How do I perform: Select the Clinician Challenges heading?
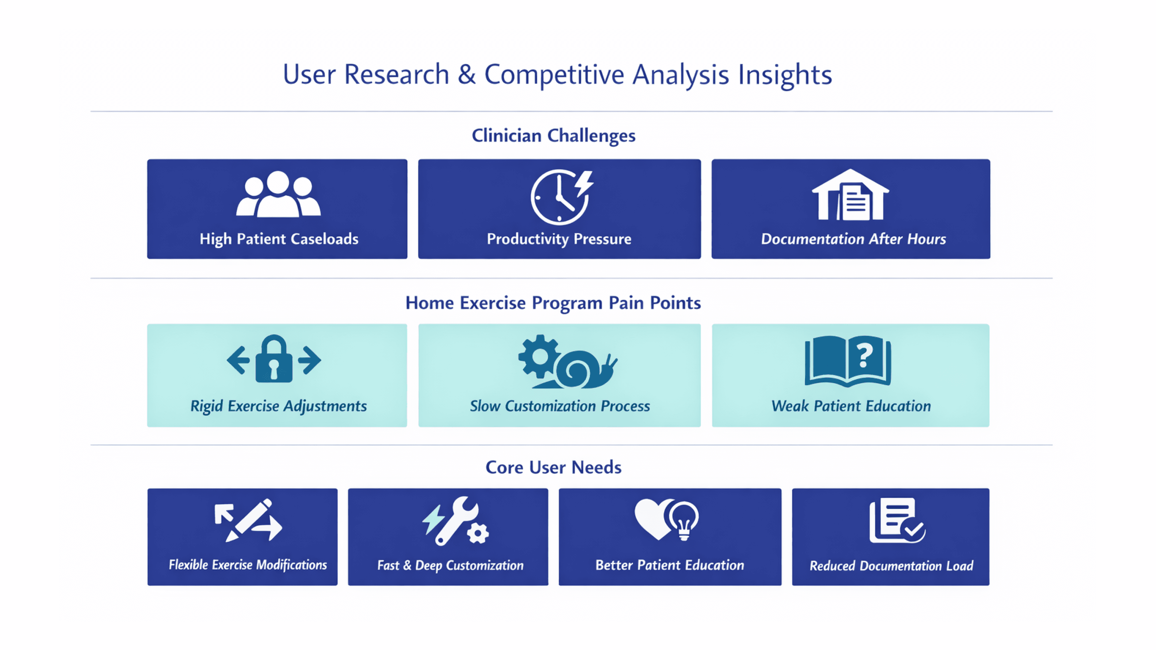tap(553, 135)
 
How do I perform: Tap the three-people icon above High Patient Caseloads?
tap(278, 195)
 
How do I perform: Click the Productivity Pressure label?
tap(559, 239)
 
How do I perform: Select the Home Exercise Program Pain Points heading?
tap(553, 303)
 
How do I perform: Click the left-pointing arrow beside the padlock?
tap(238, 360)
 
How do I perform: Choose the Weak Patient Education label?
tap(851, 406)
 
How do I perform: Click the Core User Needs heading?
tap(553, 467)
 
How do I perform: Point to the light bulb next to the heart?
tap(683, 520)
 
